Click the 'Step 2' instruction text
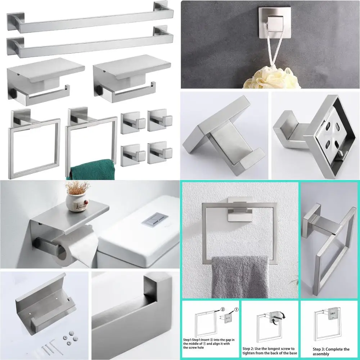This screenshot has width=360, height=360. [270, 351]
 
